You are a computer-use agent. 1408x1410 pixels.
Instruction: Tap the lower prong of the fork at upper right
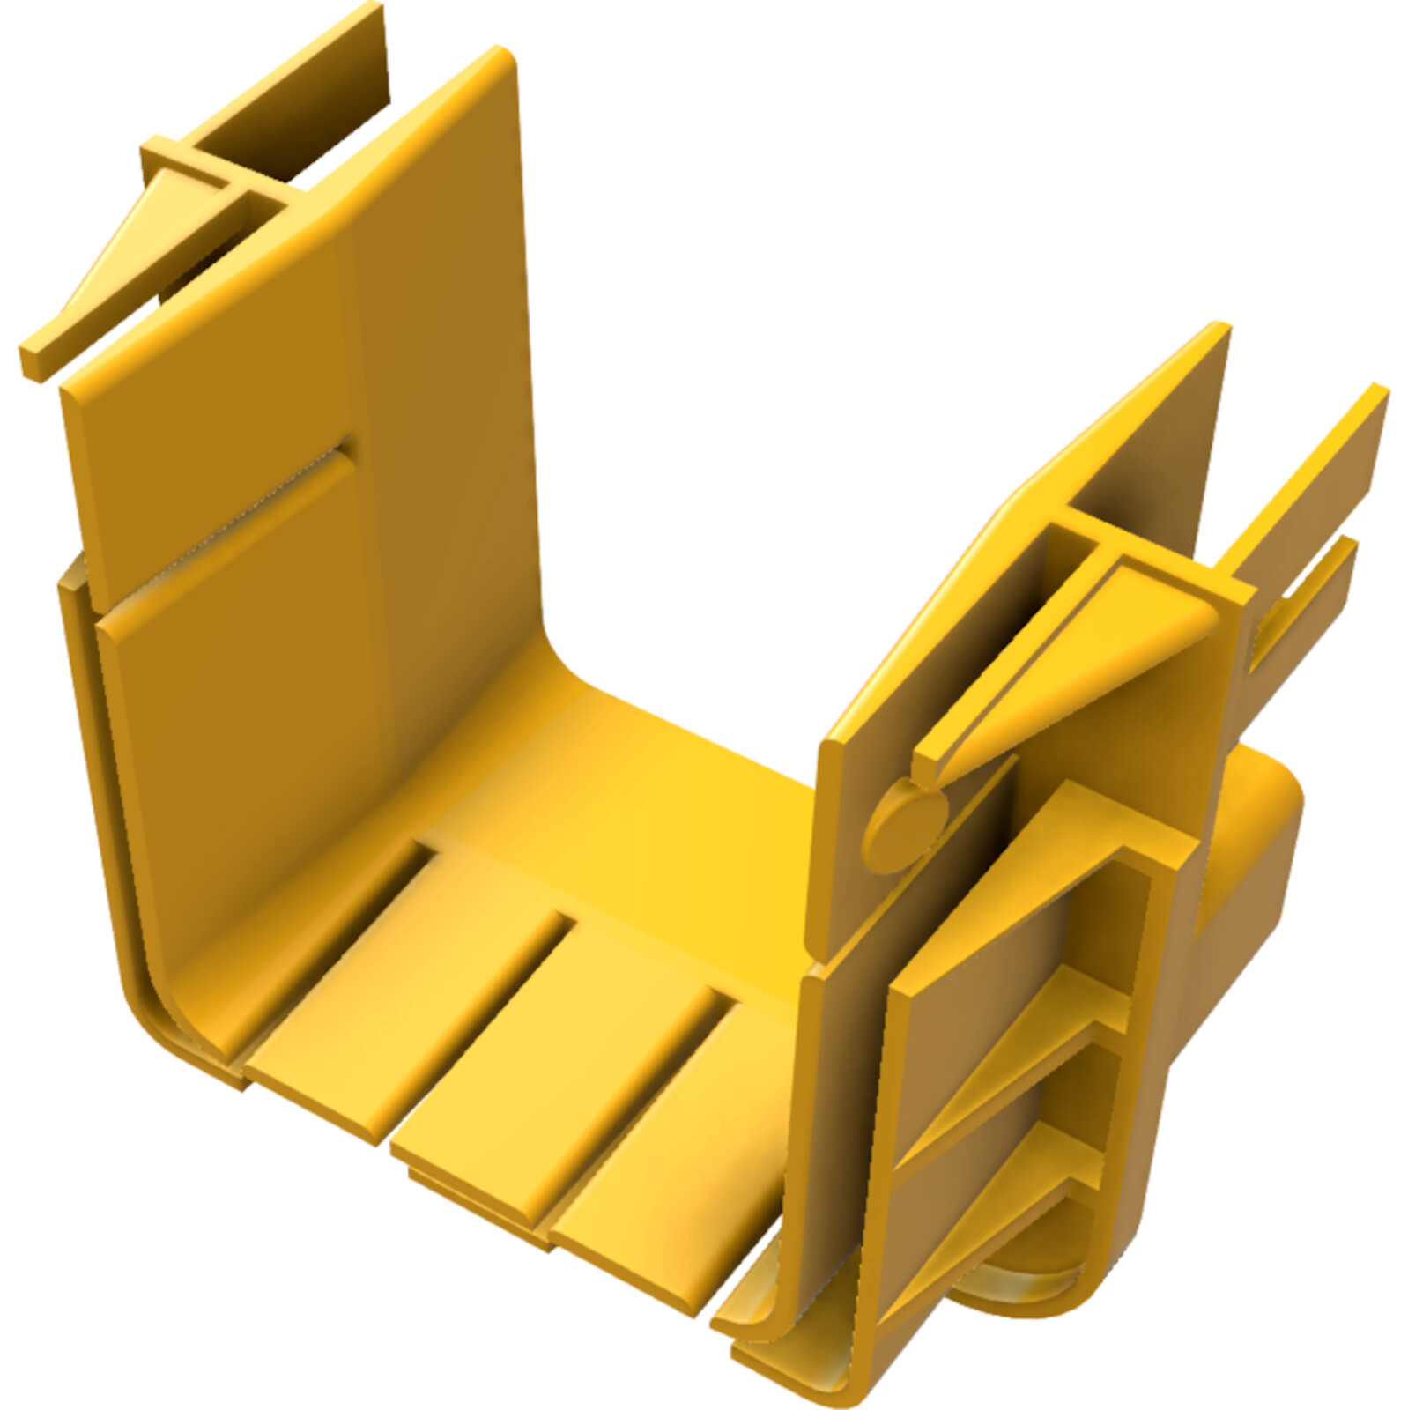point(1304,599)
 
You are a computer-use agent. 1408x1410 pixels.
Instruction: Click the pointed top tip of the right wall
point(1220,330)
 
